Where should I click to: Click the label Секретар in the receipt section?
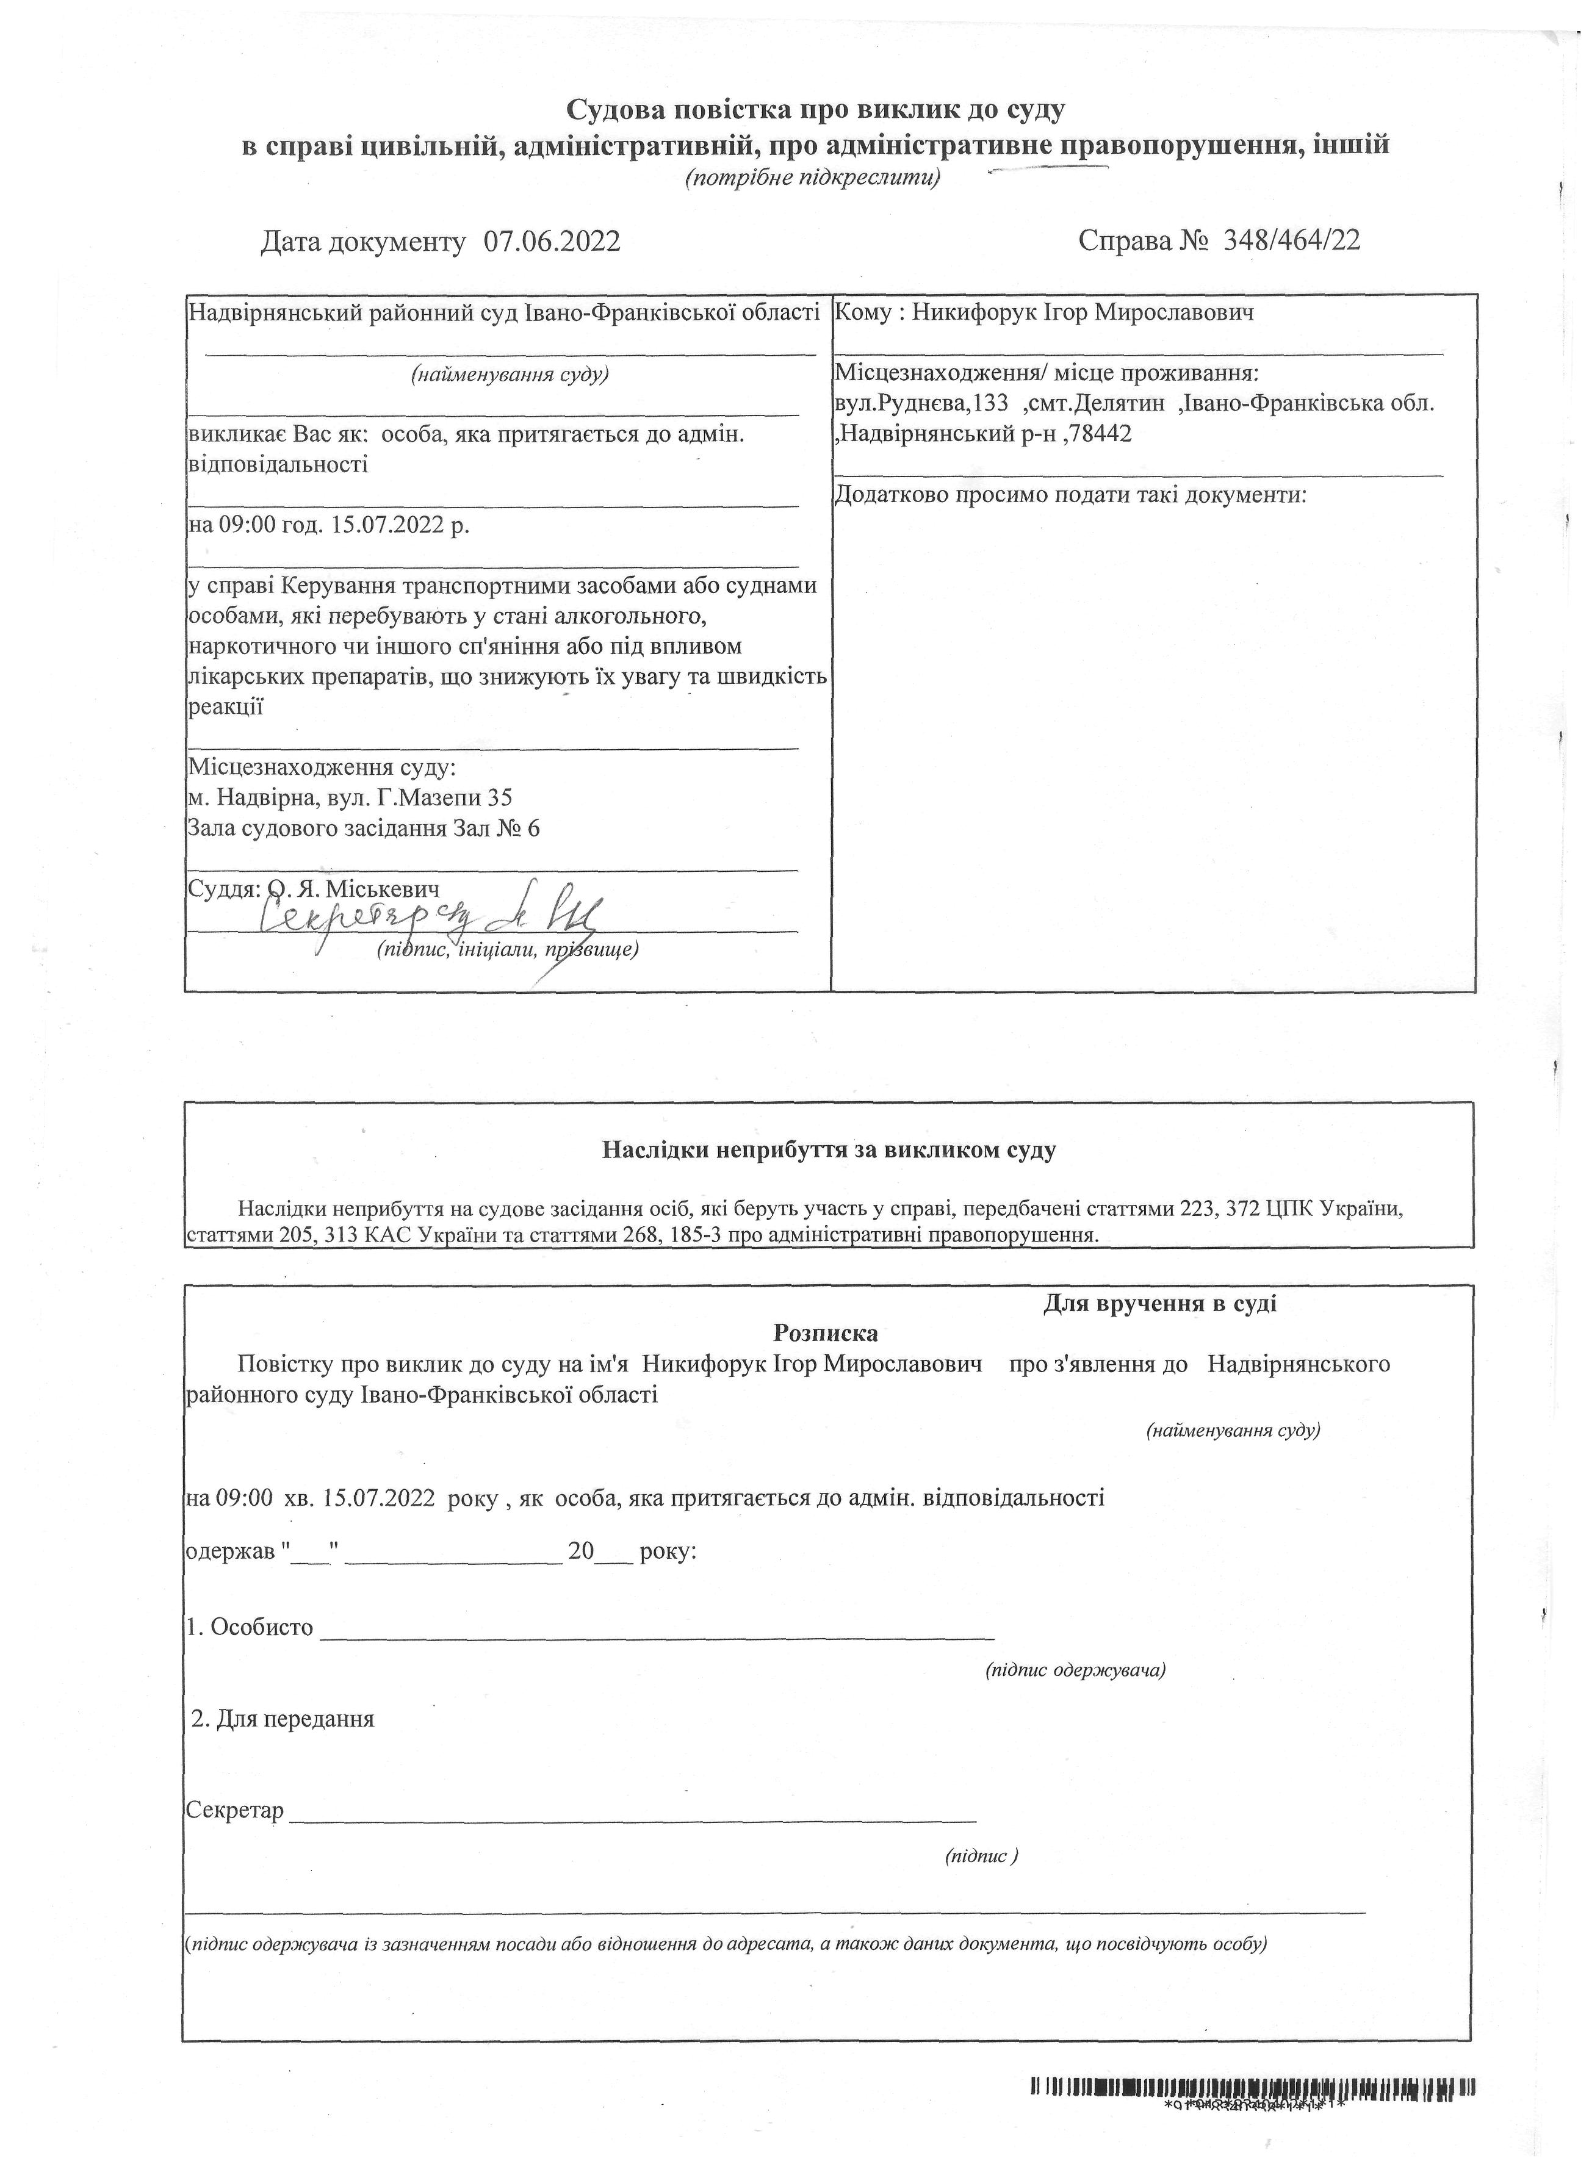pos(235,1811)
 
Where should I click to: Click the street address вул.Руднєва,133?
pos(921,404)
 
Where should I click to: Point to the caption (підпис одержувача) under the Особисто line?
pos(1075,1670)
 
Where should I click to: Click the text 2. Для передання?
pos(283,1719)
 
